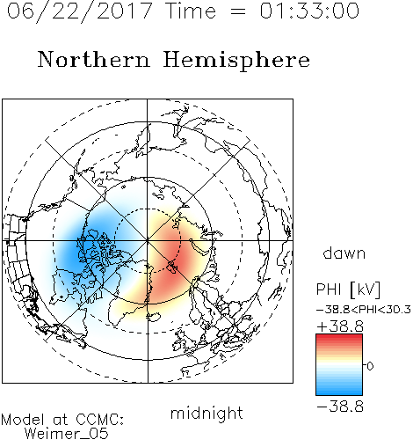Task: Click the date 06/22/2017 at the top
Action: point(79,11)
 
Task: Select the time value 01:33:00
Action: point(309,11)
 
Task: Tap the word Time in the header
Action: point(192,11)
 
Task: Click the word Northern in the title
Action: point(94,59)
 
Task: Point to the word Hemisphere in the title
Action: point(236,61)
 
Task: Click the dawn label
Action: point(344,253)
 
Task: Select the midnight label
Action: point(206,413)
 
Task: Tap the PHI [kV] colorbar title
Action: point(348,289)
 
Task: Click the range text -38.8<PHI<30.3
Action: point(364,310)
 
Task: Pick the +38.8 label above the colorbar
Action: point(340,326)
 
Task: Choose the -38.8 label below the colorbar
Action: point(340,407)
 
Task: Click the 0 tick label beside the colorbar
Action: point(370,366)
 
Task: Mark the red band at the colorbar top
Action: point(339,338)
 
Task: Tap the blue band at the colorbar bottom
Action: point(339,392)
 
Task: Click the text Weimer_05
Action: point(67,434)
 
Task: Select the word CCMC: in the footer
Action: point(99,420)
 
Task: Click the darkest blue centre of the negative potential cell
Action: point(76,249)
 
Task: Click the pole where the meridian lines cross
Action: point(148,240)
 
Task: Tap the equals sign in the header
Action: point(238,11)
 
